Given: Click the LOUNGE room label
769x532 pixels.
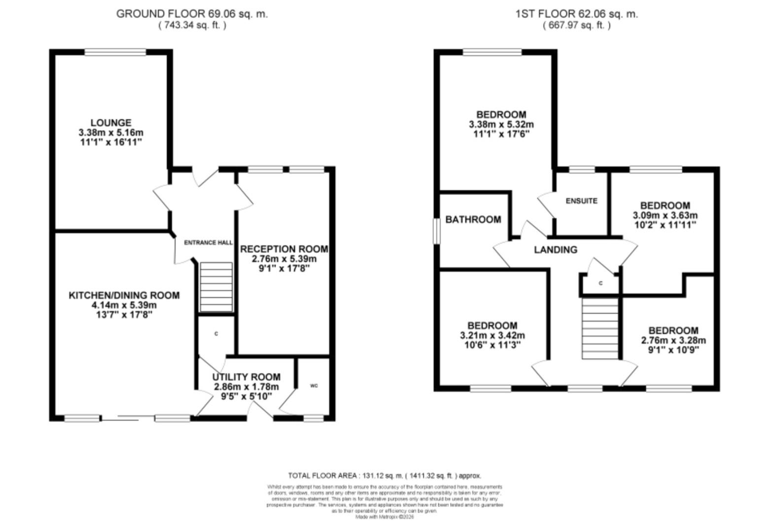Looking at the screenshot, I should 111,123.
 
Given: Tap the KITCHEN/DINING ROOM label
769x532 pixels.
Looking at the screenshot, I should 124,295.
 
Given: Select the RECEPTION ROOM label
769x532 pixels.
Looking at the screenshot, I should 283,249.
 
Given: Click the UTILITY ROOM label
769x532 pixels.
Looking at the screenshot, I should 246,377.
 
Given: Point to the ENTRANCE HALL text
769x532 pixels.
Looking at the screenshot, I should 208,243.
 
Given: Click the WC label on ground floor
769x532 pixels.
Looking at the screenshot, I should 314,385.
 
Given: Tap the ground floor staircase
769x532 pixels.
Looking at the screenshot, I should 216,287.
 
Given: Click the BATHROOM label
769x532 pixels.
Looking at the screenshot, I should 473,220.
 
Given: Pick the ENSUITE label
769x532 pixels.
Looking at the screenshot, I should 581,201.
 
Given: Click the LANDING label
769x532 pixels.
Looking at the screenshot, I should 556,250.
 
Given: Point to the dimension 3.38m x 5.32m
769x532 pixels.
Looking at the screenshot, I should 501,125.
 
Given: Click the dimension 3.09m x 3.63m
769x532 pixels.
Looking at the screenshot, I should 664,215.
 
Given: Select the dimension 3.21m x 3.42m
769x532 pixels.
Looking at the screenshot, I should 492,335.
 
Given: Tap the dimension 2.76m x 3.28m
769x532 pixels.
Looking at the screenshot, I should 673,340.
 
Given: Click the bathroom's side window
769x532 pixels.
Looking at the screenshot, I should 436,231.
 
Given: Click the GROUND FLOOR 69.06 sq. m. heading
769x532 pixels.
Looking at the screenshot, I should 192,14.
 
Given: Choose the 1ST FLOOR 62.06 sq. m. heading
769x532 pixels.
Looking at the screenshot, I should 576,14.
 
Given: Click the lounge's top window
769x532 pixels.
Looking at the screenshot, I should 115,52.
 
